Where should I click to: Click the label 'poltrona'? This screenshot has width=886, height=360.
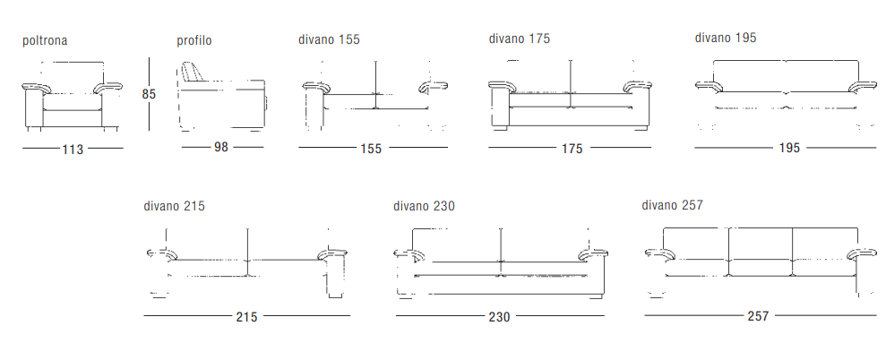pos(45,40)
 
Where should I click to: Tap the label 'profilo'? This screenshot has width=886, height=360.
pos(194,40)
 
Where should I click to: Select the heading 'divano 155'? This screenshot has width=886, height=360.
pos(329,39)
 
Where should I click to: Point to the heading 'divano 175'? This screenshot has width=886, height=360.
pos(519,39)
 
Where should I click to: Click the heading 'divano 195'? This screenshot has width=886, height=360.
pos(726,38)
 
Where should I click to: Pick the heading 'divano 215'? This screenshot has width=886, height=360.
pos(174,206)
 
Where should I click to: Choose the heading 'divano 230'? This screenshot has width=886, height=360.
pos(424,206)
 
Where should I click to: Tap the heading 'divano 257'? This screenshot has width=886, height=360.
pos(672,204)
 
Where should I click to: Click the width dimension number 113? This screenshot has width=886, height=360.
pos(73,150)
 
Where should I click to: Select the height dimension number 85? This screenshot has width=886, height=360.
pos(148,94)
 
